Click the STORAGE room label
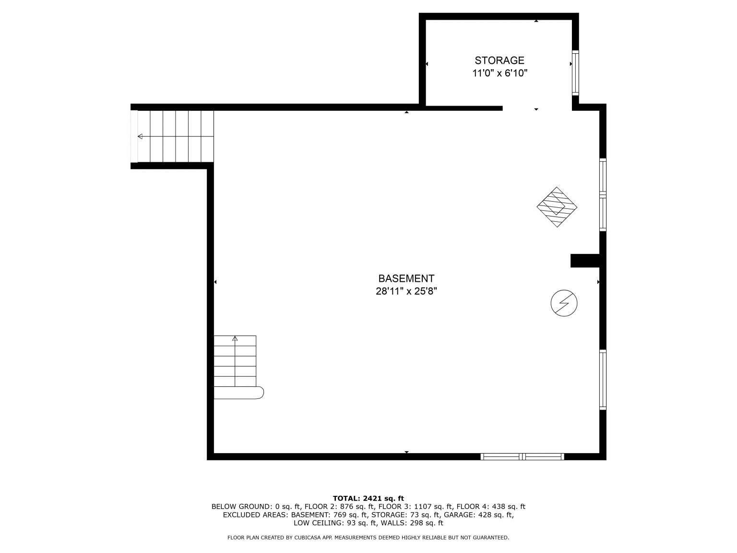click(499, 60)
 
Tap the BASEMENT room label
click(406, 279)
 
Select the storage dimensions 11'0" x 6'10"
click(500, 73)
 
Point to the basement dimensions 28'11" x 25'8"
click(406, 291)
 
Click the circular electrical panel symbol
click(564, 303)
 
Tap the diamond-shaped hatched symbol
click(557, 207)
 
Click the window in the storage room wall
click(575, 73)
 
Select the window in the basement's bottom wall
click(522, 457)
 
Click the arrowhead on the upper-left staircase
click(141, 136)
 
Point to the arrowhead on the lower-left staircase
click(235, 338)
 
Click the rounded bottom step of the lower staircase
click(239, 393)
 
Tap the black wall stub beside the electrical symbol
click(585, 261)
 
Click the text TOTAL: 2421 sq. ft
click(368, 499)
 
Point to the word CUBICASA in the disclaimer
click(307, 538)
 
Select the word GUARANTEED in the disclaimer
click(491, 538)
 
